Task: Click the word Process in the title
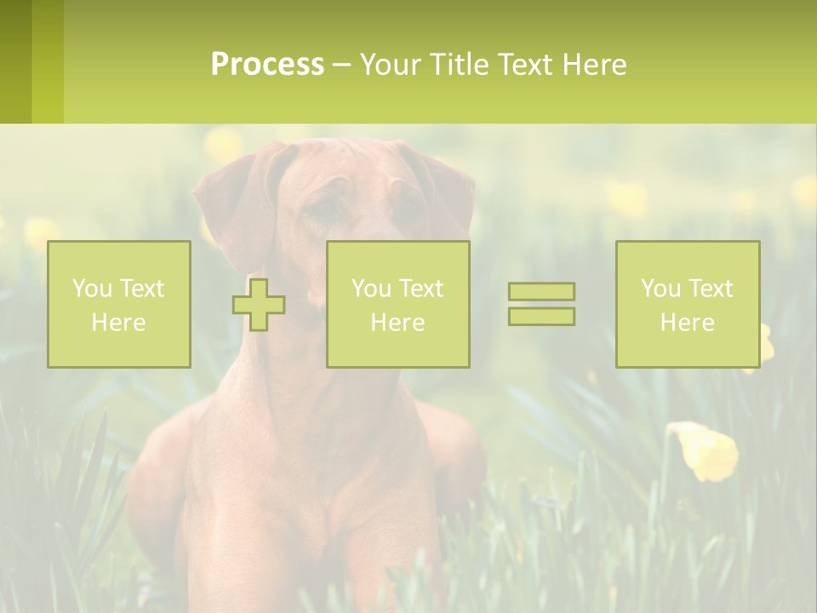[267, 65]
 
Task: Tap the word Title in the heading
[458, 65]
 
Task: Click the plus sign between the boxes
[259, 305]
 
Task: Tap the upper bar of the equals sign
[541, 292]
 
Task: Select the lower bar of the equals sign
[541, 316]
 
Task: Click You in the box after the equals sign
[660, 289]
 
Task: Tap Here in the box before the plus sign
[118, 323]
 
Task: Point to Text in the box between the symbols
[421, 289]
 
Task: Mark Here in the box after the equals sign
[687, 323]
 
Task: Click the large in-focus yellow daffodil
[706, 450]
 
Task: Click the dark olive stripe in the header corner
[15, 61]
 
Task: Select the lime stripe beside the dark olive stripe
[48, 61]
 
